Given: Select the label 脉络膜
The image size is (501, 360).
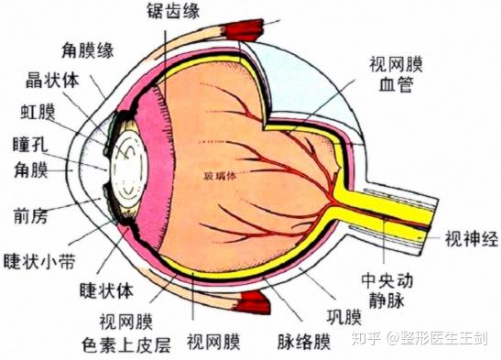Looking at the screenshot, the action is (303, 343).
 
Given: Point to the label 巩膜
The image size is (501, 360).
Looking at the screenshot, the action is (344, 318).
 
